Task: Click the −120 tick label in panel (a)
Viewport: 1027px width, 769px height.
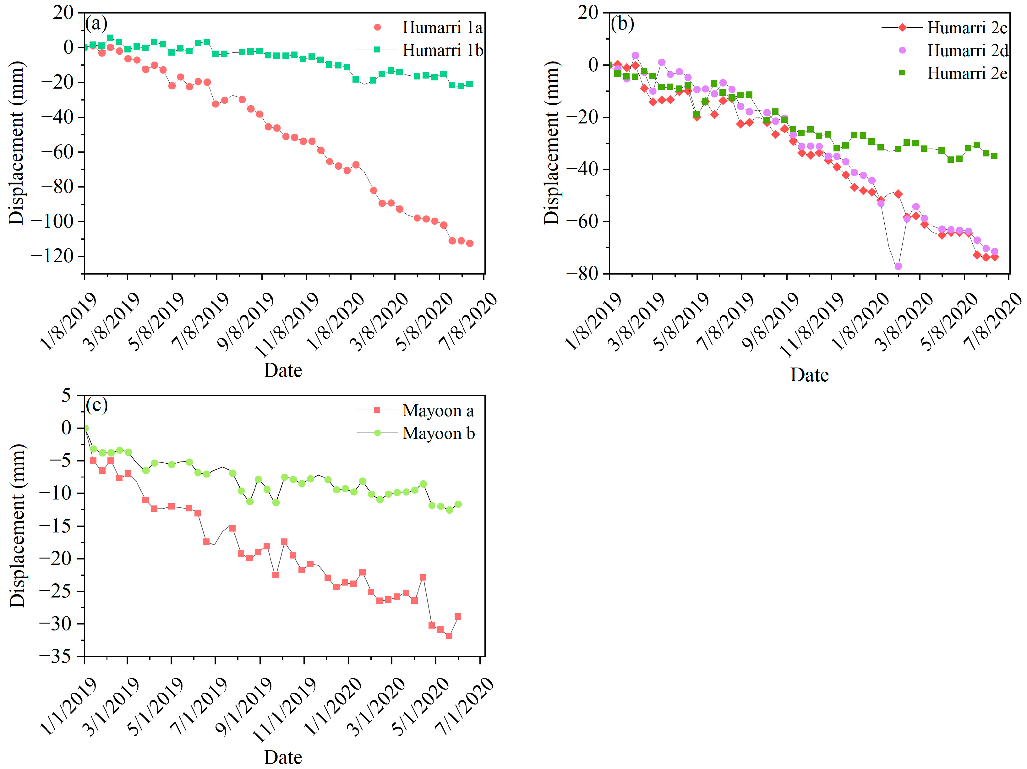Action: pyautogui.click(x=52, y=256)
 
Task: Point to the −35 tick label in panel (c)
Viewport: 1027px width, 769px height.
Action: pyautogui.click(x=55, y=656)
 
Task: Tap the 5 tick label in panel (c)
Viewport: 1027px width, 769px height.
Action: pyautogui.click(x=66, y=395)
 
